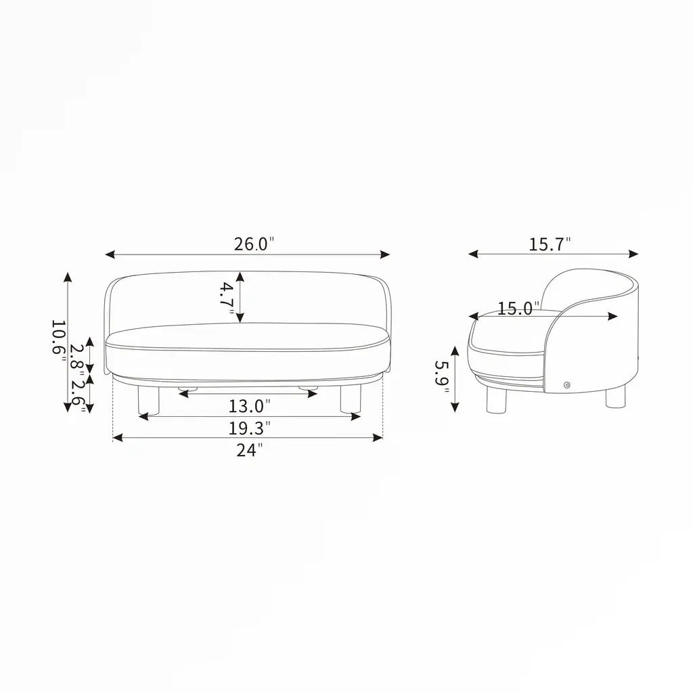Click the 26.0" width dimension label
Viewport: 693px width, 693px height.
click(254, 244)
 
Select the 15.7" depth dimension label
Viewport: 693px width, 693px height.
click(550, 244)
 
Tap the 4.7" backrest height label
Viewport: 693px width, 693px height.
click(227, 298)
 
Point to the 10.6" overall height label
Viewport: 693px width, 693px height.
click(58, 341)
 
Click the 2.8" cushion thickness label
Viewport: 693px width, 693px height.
click(77, 359)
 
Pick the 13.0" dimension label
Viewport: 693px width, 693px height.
click(249, 406)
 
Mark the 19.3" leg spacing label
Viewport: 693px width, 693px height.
click(249, 428)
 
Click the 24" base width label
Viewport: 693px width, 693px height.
click(249, 450)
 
